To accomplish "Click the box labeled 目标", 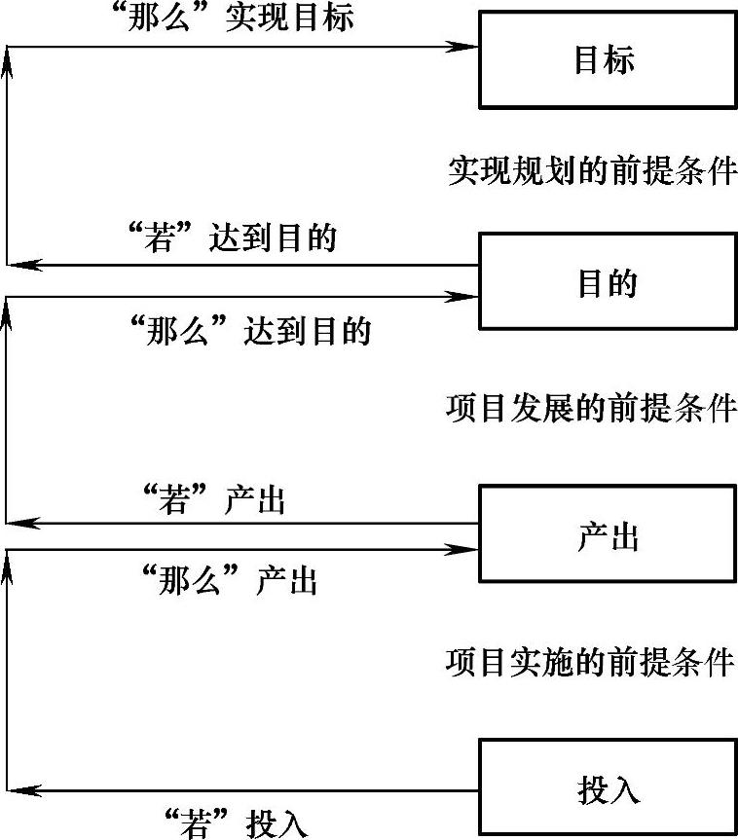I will pos(607,59).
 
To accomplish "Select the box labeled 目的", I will pos(607,281).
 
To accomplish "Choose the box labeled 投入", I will pos(607,787).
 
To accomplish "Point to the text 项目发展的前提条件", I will pos(591,408).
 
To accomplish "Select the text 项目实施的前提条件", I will pos(591,662).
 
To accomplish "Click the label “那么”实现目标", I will pos(234,18).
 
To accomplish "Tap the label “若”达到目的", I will pos(233,237).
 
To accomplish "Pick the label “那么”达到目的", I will pos(250,331).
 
